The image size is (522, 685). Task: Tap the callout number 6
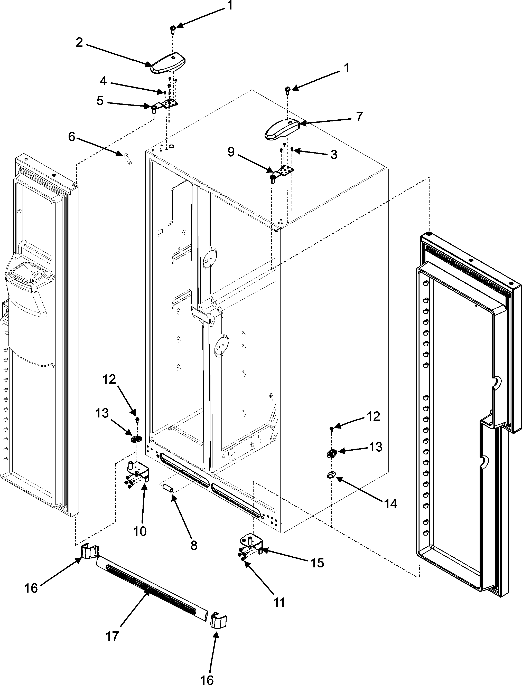pos(72,137)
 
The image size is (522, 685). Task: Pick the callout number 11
pos(279,603)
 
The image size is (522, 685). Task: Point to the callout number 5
pos(100,101)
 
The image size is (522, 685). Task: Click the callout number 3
pos(334,155)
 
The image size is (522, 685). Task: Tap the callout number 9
pos(231,152)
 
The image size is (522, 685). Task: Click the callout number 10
pos(140,531)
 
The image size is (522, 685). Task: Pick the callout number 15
pos(318,563)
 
